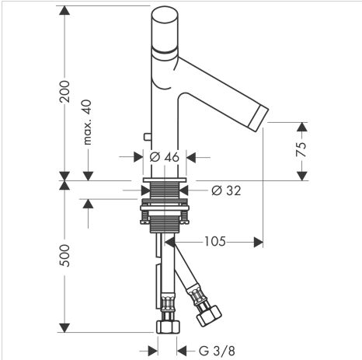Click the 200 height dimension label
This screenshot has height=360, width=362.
point(64,92)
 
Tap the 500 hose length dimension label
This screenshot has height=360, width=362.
point(64,256)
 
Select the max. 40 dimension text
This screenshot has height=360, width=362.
point(88,122)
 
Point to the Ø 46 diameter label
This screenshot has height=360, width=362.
point(165,157)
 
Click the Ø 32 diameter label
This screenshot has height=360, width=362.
point(226,190)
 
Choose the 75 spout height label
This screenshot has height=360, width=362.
point(301,149)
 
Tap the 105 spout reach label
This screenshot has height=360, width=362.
point(215,242)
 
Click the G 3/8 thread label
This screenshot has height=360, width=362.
point(217,351)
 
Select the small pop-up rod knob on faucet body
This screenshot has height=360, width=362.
point(148,137)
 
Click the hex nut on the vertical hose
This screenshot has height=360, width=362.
point(168,327)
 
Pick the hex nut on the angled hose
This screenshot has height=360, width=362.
point(209,316)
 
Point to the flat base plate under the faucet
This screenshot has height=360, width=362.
point(165,180)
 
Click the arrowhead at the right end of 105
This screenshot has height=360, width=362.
point(258,242)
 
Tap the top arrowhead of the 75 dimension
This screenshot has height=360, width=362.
point(301,127)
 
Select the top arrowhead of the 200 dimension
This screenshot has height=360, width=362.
point(64,10)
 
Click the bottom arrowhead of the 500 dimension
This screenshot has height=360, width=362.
point(64,327)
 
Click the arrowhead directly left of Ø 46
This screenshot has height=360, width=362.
point(138,157)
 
